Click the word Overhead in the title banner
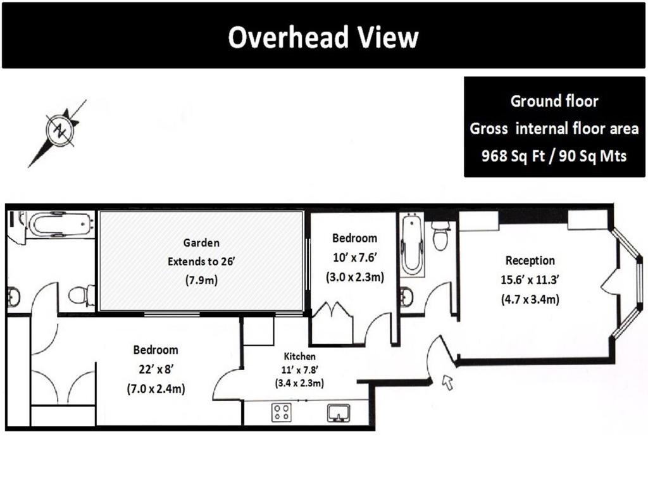pos(289,37)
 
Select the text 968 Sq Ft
pos(513,156)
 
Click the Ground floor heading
pos(554,101)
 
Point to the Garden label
pos(201,242)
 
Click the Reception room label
pos(530,261)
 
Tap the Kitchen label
pos(299,356)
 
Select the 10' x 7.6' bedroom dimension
pos(354,258)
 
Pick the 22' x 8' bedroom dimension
pos(156,369)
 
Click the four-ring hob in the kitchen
pos(282,412)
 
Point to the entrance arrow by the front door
pos(447,382)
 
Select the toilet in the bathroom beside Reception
pos(441,235)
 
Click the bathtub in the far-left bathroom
pos(61,225)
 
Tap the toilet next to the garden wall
pos(82,295)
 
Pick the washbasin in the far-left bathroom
pos(13,297)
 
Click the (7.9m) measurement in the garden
pos(201,280)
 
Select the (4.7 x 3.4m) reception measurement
pos(530,299)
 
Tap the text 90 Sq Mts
pos(592,156)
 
